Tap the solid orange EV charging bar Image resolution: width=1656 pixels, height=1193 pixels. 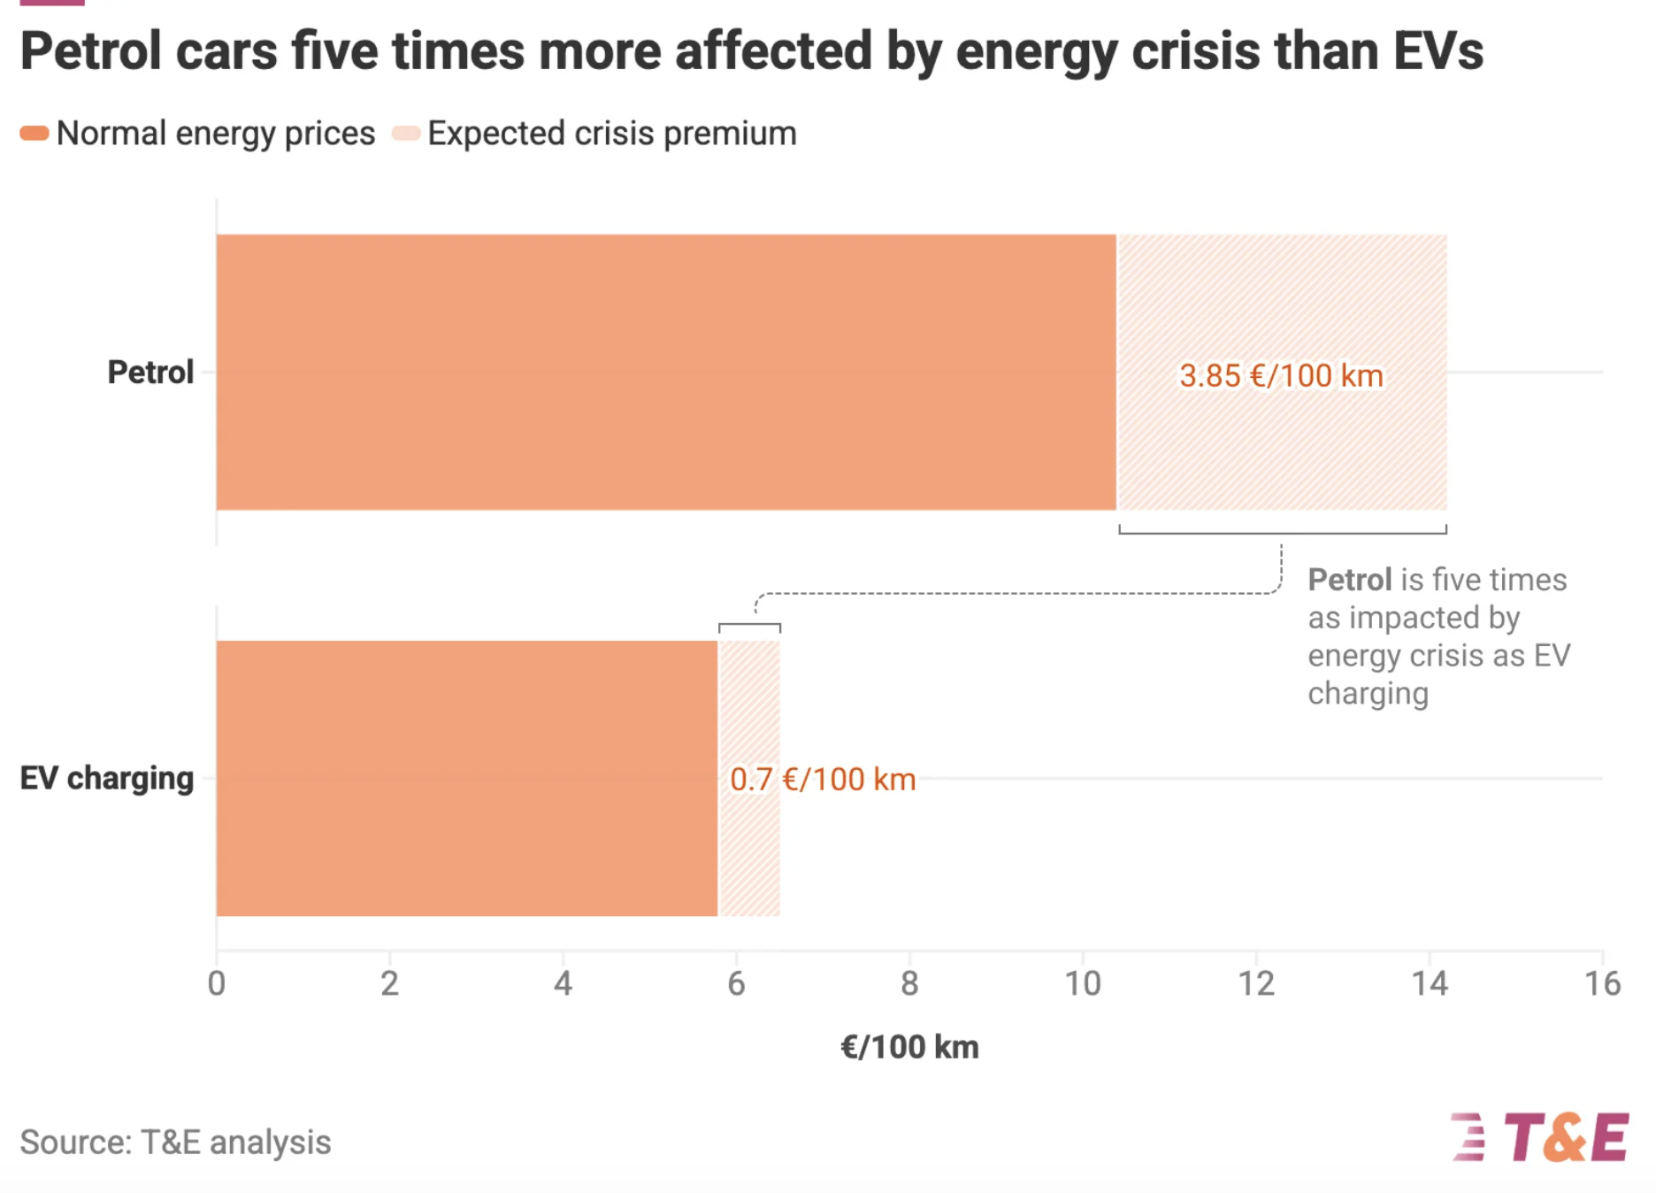pos(466,778)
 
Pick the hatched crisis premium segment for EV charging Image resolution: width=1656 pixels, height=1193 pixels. pos(749,850)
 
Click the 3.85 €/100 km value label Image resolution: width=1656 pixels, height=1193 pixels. pos(1281,376)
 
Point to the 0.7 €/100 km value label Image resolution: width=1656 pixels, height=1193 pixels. pos(822,780)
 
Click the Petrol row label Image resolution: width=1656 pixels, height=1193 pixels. pos(150,373)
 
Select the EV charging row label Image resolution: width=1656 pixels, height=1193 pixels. pos(107,778)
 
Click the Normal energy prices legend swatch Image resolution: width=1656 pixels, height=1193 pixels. pos(34,134)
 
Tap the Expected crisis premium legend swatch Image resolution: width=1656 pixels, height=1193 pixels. pos(406,134)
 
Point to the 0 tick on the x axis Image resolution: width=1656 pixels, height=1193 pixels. pos(217,983)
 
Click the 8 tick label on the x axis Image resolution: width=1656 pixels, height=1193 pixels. pos(909,983)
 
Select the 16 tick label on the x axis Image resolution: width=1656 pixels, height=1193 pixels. pos(1602,983)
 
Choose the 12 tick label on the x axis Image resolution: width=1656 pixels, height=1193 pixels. pos(1255,983)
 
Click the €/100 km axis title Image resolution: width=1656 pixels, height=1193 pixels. pos(909,1047)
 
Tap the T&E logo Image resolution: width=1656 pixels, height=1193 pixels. pos(1540,1137)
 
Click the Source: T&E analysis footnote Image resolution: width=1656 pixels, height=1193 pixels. pos(175,1143)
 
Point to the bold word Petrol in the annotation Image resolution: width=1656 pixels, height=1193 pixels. pos(1349,580)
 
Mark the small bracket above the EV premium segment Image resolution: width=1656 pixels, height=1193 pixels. pos(749,627)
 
